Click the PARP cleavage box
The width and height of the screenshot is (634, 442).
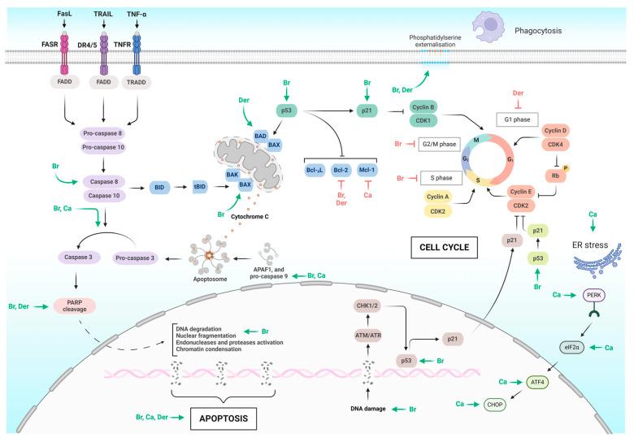pos(74,305)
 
